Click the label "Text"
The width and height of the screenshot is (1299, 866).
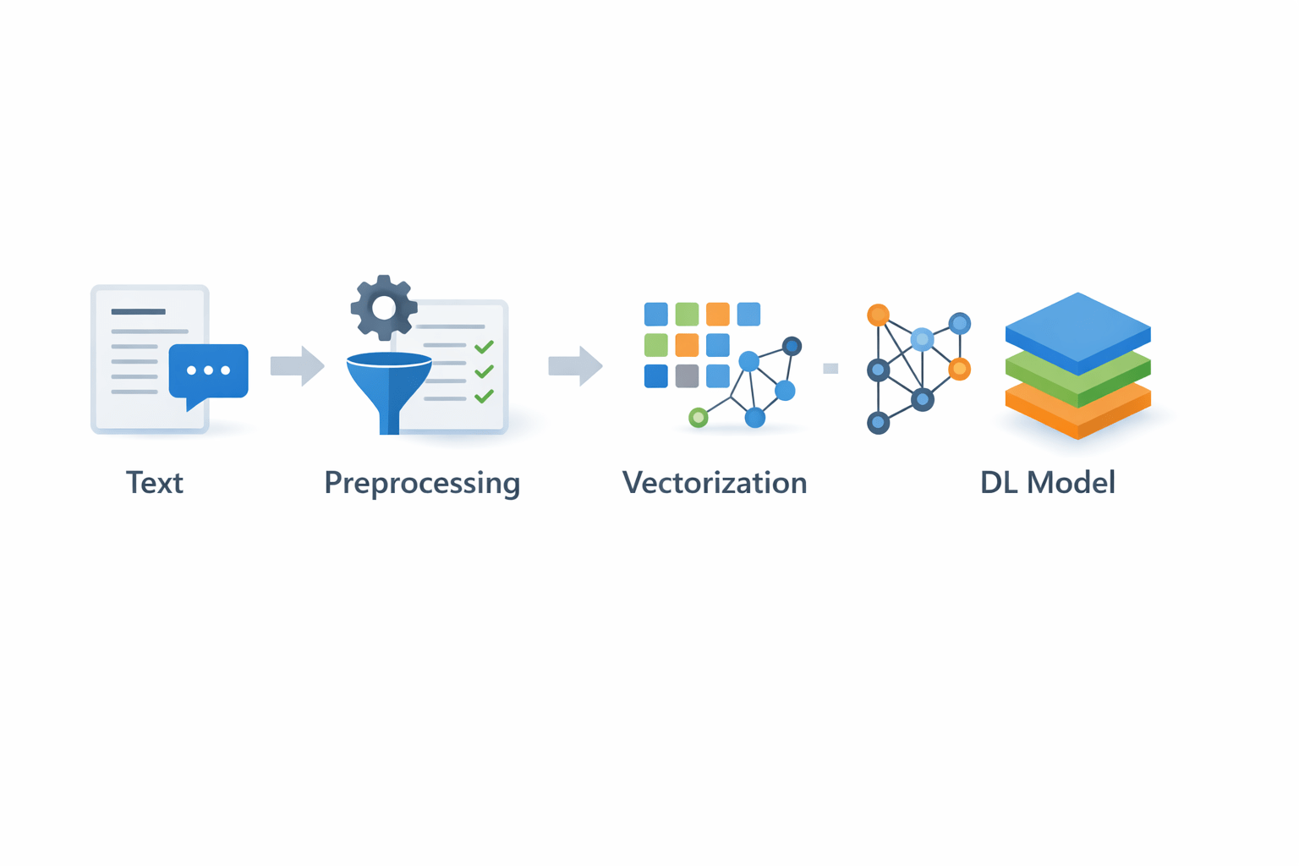pyautogui.click(x=155, y=483)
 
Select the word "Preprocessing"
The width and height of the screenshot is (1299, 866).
pyautogui.click(x=422, y=483)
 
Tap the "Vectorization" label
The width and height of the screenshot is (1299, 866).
pyautogui.click(x=715, y=483)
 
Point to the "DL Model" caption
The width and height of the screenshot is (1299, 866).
pyautogui.click(x=1047, y=483)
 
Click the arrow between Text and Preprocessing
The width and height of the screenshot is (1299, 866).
pyautogui.click(x=298, y=366)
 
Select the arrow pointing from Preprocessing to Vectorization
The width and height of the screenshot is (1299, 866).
pyautogui.click(x=576, y=366)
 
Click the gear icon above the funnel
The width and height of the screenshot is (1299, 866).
pyautogui.click(x=384, y=308)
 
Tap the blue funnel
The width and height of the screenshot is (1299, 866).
pyautogui.click(x=389, y=385)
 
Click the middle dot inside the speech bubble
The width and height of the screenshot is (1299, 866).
pyautogui.click(x=209, y=370)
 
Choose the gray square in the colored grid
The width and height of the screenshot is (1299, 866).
pyautogui.click(x=687, y=375)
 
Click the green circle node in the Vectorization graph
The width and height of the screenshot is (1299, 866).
pyautogui.click(x=698, y=417)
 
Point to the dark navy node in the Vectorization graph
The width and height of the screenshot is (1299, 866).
pyautogui.click(x=792, y=346)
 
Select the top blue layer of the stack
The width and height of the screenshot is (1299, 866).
pyautogui.click(x=1077, y=328)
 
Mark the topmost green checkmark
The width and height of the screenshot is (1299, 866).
pyautogui.click(x=485, y=347)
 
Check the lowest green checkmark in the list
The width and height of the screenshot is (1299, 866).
pyautogui.click(x=485, y=396)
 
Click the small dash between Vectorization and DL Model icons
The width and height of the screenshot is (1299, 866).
pyautogui.click(x=830, y=368)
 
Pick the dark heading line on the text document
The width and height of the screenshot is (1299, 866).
pyautogui.click(x=138, y=311)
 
